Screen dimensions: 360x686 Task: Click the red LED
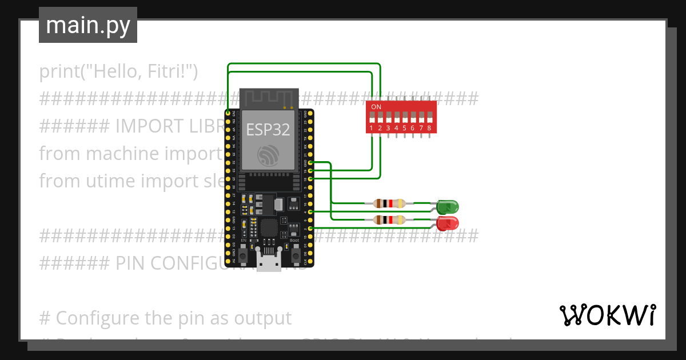point(447,223)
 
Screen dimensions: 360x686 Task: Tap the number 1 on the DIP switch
point(372,129)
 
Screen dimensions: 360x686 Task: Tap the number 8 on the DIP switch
point(429,129)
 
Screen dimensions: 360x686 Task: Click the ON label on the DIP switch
point(376,107)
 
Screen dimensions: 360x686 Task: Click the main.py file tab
point(87,25)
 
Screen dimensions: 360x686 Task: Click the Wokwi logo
point(607,315)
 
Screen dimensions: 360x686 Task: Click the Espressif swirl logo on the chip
point(268,155)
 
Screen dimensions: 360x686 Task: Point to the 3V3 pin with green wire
point(228,114)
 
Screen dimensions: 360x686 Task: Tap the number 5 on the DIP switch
point(404,129)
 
